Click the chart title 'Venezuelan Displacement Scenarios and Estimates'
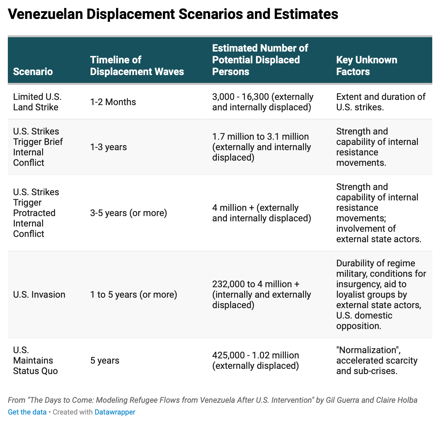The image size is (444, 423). tap(173, 15)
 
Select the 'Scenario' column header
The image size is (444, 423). tap(33, 71)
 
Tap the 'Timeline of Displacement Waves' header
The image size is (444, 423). tap(137, 66)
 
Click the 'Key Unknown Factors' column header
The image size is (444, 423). tap(367, 66)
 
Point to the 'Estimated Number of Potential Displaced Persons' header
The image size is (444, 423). tap(260, 60)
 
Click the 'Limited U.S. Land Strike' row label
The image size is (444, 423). tap(37, 102)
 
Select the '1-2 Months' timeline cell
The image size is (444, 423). tap(113, 102)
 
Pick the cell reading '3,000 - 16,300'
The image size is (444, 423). tap(241, 97)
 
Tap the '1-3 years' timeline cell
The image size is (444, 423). tap(108, 147)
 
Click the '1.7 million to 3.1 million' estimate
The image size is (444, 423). tap(261, 137)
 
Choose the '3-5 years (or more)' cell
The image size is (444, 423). tap(129, 213)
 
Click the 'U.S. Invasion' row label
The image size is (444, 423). tap(39, 294)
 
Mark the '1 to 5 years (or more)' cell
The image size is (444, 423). tap(134, 294)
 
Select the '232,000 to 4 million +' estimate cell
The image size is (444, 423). tap(256, 284)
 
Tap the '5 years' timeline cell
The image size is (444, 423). tap(104, 360)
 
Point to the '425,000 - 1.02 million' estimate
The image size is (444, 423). tap(255, 355)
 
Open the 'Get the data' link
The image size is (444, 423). tap(27, 412)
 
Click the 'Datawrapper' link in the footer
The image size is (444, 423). tap(115, 412)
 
